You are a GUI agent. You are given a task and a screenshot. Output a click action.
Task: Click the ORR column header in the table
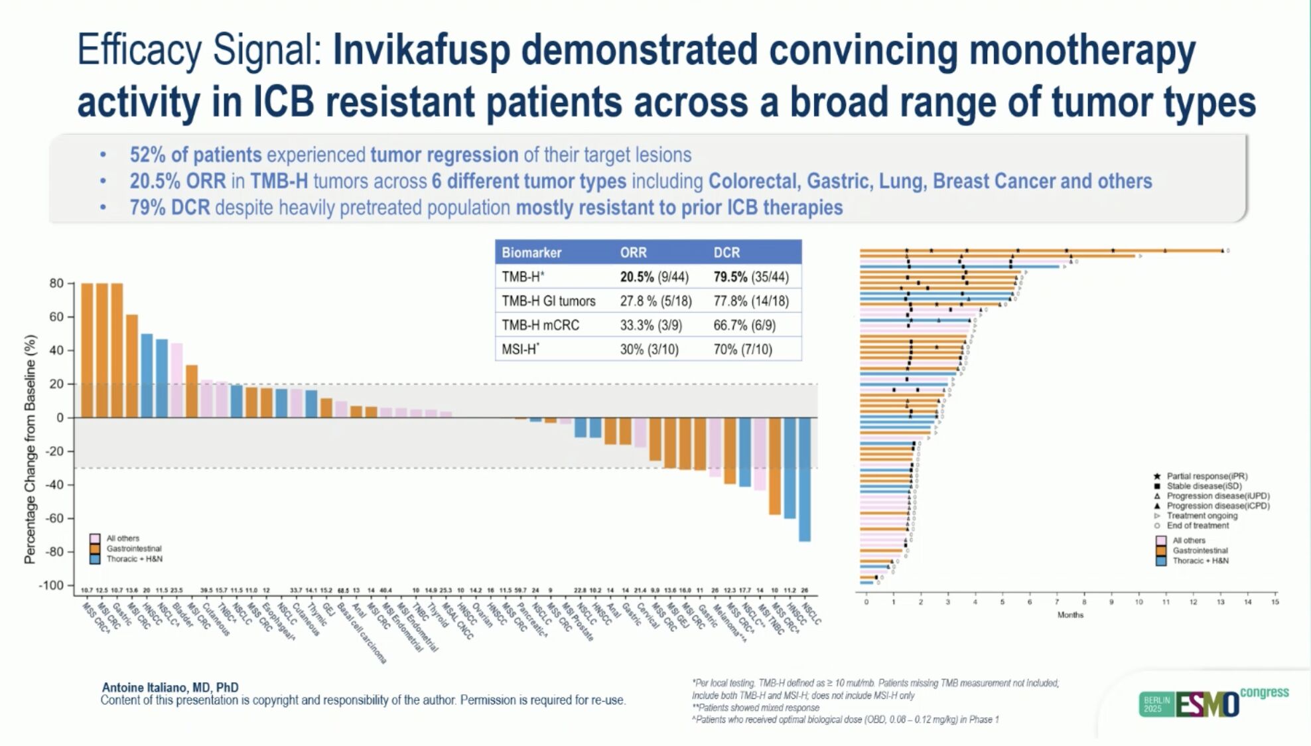click(633, 253)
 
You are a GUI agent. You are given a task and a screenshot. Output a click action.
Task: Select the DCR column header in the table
click(726, 253)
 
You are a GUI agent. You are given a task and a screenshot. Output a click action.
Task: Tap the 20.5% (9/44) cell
click(654, 277)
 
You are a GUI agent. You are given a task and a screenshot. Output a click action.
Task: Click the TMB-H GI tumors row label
click(548, 301)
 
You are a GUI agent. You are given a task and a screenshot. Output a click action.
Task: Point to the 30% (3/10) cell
click(649, 349)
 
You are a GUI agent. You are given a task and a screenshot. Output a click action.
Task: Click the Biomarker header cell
click(531, 253)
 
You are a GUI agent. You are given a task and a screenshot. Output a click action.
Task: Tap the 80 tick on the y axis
click(56, 284)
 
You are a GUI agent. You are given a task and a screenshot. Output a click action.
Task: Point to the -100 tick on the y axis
click(51, 585)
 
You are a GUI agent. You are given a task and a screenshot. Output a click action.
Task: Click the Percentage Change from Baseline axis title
click(30, 449)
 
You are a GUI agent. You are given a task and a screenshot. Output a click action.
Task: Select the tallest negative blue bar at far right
click(804, 479)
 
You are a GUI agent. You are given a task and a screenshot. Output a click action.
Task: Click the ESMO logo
click(1207, 705)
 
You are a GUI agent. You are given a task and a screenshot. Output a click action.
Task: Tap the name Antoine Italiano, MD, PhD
click(170, 688)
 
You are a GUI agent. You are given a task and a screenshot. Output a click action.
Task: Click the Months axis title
click(1069, 615)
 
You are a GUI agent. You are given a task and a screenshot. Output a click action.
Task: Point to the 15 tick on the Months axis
click(1275, 602)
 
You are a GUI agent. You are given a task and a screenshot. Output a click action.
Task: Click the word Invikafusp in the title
click(421, 50)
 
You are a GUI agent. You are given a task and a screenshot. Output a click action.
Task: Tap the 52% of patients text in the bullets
click(196, 155)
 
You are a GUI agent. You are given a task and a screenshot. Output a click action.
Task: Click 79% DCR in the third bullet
click(170, 208)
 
